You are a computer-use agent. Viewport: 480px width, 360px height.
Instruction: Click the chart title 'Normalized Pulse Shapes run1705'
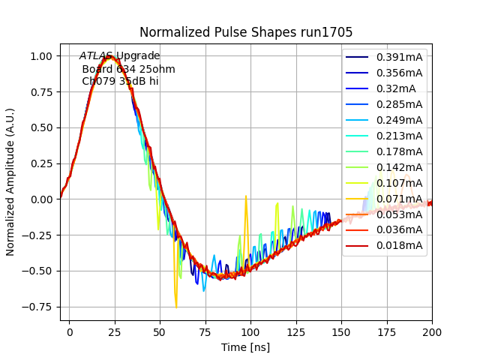click(246, 32)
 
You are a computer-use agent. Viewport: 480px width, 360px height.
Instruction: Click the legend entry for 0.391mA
click(399, 57)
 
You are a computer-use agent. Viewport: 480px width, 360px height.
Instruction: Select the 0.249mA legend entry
click(399, 120)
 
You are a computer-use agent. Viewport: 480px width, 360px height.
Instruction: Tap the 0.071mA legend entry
click(399, 199)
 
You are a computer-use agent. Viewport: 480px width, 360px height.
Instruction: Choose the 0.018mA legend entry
click(399, 245)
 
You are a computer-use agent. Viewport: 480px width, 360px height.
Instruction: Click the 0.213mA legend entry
click(399, 136)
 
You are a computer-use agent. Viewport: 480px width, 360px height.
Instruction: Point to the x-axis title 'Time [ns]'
click(246, 347)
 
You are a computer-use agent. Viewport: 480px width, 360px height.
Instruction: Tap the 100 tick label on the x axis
click(250, 331)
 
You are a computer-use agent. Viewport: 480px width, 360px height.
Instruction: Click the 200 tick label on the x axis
click(432, 331)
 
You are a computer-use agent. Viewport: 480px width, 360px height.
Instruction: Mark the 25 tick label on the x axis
click(115, 331)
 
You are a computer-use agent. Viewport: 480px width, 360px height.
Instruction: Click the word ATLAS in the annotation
click(96, 56)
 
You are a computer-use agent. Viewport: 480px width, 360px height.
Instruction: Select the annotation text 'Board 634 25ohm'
click(128, 69)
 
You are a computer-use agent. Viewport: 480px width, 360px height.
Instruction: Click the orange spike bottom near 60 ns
click(176, 307)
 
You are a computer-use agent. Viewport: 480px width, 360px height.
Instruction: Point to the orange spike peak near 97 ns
click(245, 197)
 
